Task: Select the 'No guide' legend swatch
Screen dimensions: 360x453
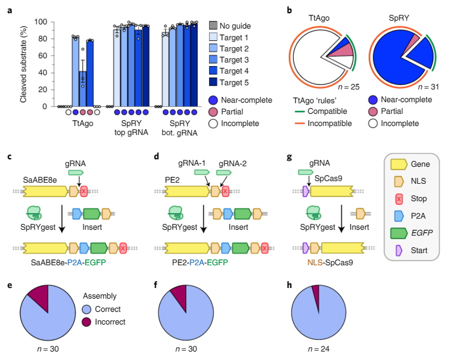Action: (x=213, y=26)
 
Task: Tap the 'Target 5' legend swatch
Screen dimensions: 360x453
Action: (x=213, y=83)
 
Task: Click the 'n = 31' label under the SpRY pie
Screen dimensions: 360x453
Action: (x=428, y=87)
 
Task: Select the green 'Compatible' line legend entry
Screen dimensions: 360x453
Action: (x=300, y=111)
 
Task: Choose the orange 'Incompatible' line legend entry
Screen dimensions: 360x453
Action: (x=300, y=124)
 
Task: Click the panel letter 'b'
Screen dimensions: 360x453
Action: (x=288, y=11)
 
